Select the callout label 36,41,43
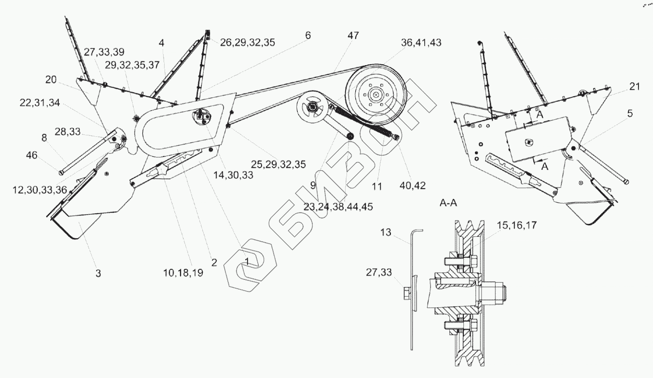[421, 43]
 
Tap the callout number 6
[308, 35]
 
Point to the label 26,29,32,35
[248, 42]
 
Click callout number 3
[98, 273]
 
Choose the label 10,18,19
[183, 273]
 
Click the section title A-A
[449, 204]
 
